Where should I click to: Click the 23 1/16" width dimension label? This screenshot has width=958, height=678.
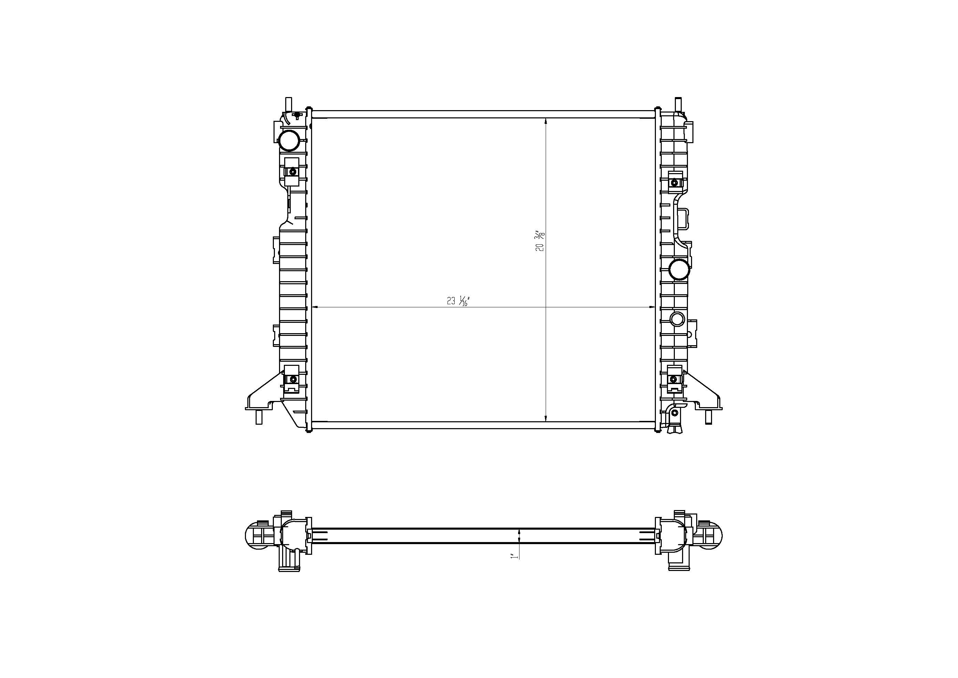tap(458, 300)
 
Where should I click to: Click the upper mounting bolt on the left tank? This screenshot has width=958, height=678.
tap(292, 172)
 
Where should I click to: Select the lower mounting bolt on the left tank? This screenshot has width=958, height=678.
tap(293, 379)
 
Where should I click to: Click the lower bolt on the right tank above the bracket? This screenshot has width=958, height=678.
tap(673, 379)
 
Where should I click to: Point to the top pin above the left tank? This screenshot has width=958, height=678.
tap(288, 103)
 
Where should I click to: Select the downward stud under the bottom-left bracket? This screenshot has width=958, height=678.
tap(259, 417)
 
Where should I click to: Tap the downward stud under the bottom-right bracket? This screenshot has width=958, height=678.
tap(708, 417)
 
